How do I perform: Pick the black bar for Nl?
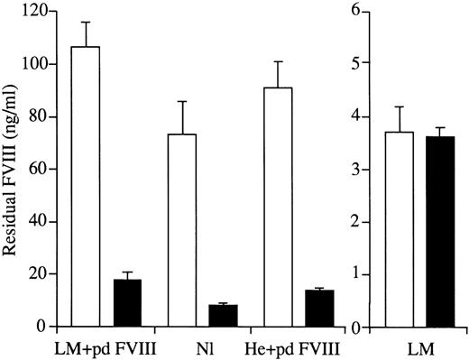pyautogui.click(x=223, y=316)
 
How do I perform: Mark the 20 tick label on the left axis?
pyautogui.click(x=39, y=274)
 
